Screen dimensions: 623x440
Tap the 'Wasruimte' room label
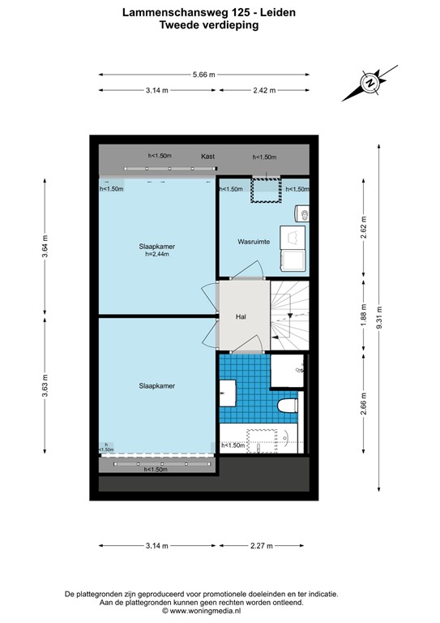pos(254,242)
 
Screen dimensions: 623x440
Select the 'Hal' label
pos(241,316)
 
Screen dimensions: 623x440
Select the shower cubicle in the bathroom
pos(286,372)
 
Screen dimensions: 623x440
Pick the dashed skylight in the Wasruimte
pos(264,191)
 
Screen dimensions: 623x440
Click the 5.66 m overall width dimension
pos(204,75)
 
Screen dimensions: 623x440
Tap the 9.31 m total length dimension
pos(378,316)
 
